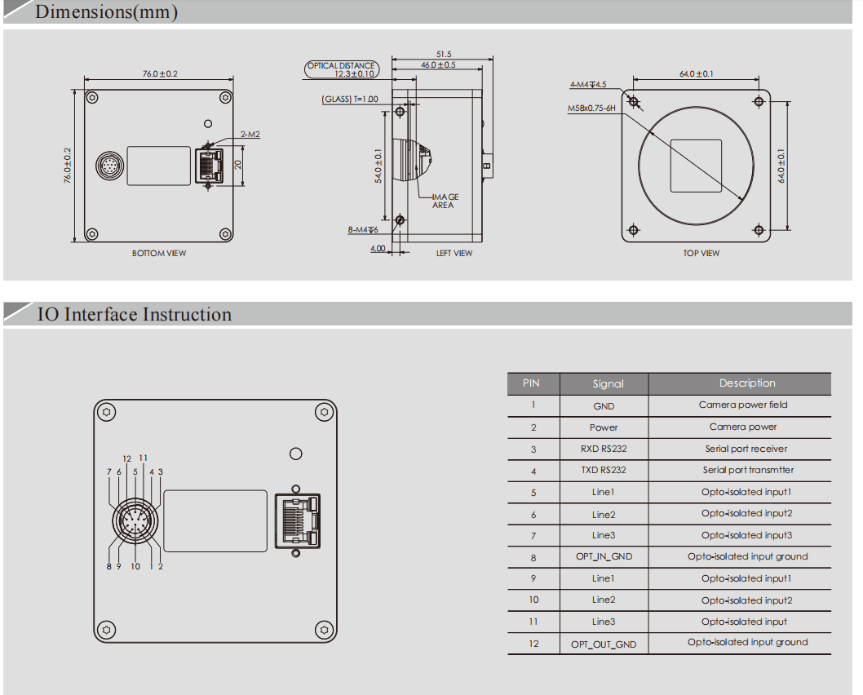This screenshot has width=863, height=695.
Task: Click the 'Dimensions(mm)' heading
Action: tap(106, 12)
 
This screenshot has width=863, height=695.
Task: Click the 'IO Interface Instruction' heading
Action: tap(135, 315)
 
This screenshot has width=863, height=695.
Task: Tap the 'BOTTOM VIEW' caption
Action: tap(159, 254)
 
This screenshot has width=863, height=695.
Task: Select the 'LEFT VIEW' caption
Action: tap(454, 254)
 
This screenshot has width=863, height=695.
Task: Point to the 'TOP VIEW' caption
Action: tap(701, 254)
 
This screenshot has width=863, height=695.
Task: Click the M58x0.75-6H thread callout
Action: tap(591, 107)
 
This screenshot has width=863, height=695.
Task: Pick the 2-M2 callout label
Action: tap(250, 134)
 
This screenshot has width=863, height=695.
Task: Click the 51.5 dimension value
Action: tap(443, 54)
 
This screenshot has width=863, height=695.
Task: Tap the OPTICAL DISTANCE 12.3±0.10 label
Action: tap(341, 69)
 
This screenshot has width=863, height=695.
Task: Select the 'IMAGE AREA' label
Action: tap(445, 201)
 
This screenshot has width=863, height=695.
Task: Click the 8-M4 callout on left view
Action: tap(363, 230)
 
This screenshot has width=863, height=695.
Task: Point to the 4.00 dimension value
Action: tap(378, 249)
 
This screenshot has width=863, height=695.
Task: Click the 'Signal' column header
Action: tap(608, 383)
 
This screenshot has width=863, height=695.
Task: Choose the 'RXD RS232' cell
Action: tap(604, 449)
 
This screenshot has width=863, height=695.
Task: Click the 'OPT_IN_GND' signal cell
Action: tap(604, 557)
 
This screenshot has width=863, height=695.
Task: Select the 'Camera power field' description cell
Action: tap(743, 405)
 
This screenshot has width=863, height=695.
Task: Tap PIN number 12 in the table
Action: tap(533, 644)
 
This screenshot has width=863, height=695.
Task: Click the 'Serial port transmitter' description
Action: tap(748, 470)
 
